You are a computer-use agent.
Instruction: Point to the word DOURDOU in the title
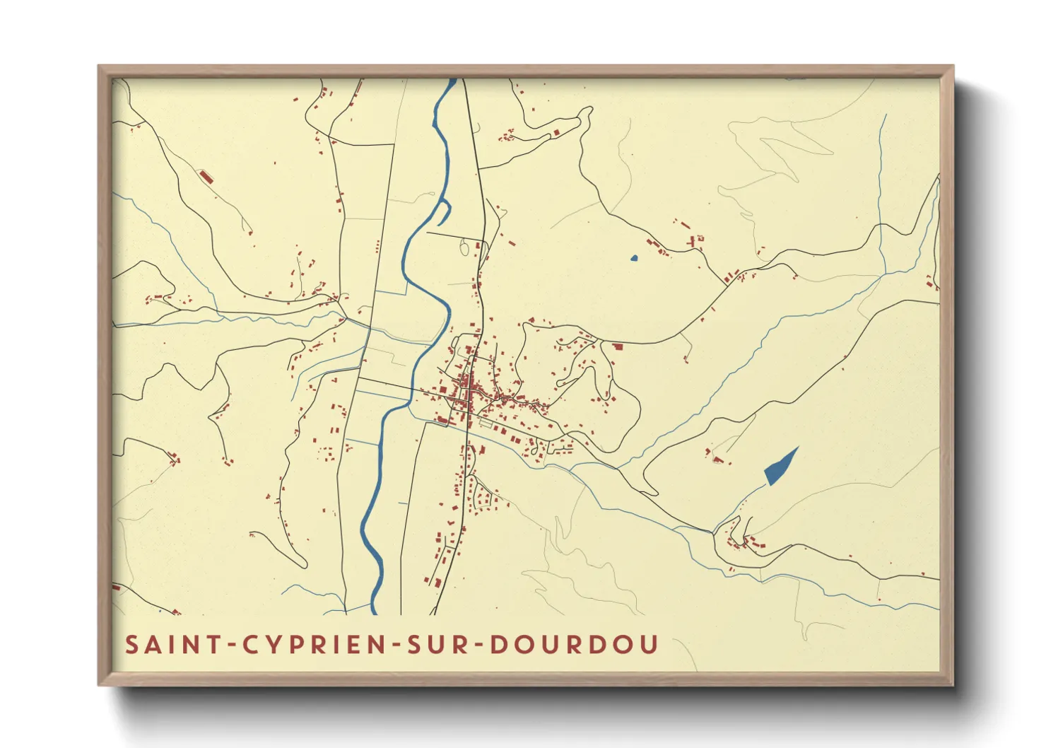tap(574, 645)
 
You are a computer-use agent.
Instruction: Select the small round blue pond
tap(634, 258)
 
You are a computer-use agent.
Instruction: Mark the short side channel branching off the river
tap(442, 207)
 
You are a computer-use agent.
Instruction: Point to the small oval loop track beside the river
tap(464, 247)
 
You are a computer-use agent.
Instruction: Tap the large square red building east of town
tap(617, 346)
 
